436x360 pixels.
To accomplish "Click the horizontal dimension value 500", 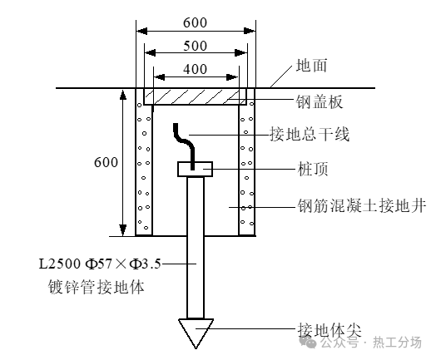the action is [x=196, y=46].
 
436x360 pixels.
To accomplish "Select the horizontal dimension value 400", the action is [x=196, y=69].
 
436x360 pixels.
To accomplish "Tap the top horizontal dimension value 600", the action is [x=196, y=22].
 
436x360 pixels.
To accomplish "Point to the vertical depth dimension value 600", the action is [x=106, y=162].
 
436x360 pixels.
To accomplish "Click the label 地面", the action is [x=311, y=66].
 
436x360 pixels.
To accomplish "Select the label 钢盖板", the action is [x=320, y=101].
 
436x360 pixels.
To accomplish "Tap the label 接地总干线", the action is [x=310, y=134].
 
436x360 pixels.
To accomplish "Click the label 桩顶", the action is [x=313, y=169].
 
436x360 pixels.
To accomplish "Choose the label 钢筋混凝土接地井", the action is [x=361, y=206].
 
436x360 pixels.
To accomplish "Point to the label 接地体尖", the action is [x=329, y=330].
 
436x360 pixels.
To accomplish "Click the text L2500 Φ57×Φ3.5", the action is [x=100, y=264].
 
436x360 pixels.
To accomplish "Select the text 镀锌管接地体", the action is [x=97, y=287].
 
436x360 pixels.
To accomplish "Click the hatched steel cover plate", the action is [x=196, y=96].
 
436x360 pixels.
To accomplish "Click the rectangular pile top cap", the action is [x=196, y=169].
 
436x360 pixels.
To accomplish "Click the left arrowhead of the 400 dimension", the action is [x=159, y=77].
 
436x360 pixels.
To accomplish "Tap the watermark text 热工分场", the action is [x=397, y=343].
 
